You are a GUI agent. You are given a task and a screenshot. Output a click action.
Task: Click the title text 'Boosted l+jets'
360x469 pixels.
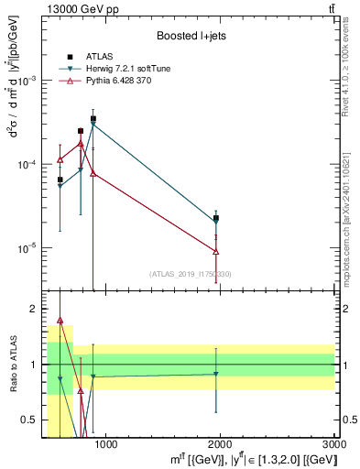click(191, 36)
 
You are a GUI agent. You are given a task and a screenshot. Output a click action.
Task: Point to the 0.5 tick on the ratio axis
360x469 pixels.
click(32, 420)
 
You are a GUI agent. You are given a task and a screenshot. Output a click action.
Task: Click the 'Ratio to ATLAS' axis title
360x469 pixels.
click(12, 365)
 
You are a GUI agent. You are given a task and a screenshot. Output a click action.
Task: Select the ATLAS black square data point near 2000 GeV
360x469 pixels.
click(216, 218)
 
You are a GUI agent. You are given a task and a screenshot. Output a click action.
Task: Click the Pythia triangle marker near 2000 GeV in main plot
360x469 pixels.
click(216, 251)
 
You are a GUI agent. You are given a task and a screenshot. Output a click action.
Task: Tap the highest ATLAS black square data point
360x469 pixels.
click(93, 119)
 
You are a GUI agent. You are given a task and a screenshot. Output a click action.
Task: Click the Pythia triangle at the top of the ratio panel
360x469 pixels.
click(60, 321)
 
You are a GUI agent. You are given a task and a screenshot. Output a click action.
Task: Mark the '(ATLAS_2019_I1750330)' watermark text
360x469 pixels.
click(191, 274)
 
